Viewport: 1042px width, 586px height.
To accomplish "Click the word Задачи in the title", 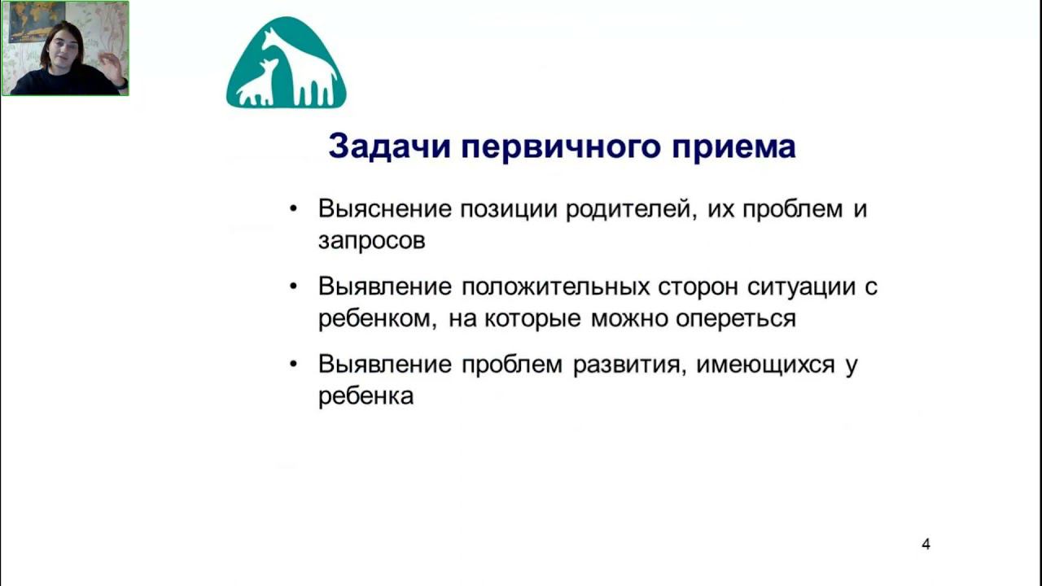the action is point(389,146).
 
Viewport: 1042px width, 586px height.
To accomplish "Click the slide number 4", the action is point(926,544).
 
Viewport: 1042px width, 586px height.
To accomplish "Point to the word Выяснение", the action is point(385,209).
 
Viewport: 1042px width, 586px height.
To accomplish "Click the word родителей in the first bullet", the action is point(631,210).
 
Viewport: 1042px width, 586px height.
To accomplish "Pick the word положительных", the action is point(555,287).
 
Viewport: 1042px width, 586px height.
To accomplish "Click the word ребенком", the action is point(377,319).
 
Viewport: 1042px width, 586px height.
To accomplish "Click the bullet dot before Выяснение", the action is point(293,208).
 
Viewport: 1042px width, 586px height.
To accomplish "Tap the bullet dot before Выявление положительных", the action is point(293,286).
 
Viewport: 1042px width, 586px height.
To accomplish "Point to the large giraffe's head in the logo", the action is point(271,37).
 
